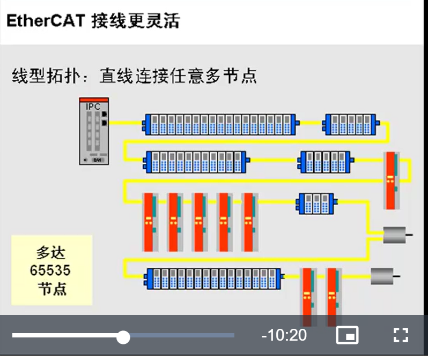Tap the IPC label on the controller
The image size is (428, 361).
(93, 107)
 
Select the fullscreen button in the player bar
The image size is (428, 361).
(401, 336)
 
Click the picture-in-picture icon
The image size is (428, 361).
(347, 336)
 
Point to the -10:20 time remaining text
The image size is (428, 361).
(284, 336)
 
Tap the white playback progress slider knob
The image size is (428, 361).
(123, 337)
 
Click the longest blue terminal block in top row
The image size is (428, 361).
(219, 124)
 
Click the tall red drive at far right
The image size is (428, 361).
(391, 180)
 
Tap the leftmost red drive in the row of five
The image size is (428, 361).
(150, 222)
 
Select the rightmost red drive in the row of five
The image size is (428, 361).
(249, 222)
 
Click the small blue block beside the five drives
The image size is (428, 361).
(316, 203)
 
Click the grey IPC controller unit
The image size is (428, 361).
(94, 131)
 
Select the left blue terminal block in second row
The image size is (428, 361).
(196, 161)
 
